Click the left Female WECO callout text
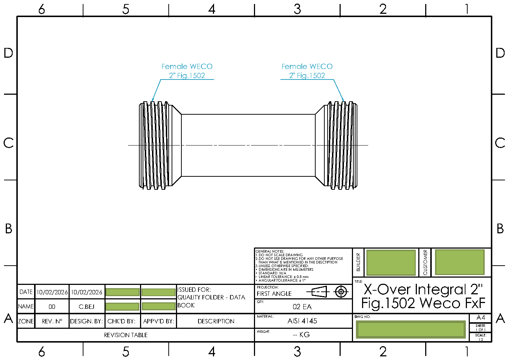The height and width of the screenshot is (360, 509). pyautogui.click(x=187, y=71)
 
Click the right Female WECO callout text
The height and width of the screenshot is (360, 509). pyautogui.click(x=307, y=71)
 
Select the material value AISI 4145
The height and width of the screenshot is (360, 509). pyautogui.click(x=302, y=321)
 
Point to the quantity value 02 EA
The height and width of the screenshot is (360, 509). pyautogui.click(x=302, y=307)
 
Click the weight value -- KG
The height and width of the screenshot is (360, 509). pyautogui.click(x=301, y=335)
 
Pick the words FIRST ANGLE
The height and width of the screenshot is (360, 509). pyautogui.click(x=274, y=294)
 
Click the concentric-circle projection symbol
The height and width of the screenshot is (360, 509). pyautogui.click(x=341, y=291)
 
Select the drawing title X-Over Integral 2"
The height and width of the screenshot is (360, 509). pyautogui.click(x=423, y=290)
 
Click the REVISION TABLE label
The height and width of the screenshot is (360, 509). pyautogui.click(x=126, y=335)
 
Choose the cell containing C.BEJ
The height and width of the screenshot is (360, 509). pyautogui.click(x=86, y=307)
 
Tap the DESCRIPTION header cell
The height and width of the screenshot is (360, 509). pyautogui.click(x=216, y=321)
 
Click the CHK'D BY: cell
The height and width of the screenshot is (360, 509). pyautogui.click(x=122, y=321)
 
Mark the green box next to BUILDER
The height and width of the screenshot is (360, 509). pyautogui.click(x=391, y=262)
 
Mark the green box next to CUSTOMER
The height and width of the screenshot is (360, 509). pyautogui.click(x=459, y=262)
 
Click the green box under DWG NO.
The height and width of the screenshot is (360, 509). pyautogui.click(x=410, y=330)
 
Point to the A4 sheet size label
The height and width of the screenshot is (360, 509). pyautogui.click(x=480, y=318)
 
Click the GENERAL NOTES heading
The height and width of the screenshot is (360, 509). pyautogui.click(x=270, y=251)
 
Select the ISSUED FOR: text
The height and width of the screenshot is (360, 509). pyautogui.click(x=194, y=290)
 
